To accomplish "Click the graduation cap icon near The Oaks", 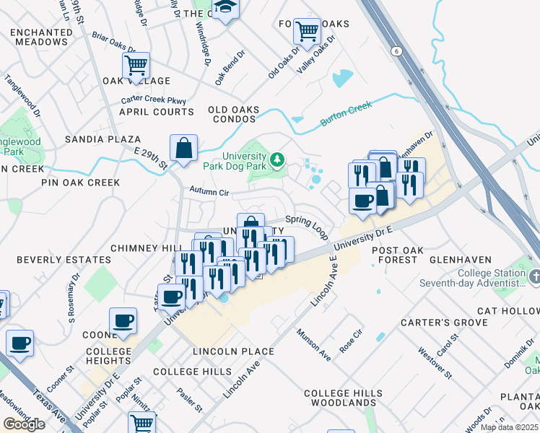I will tap(225, 8).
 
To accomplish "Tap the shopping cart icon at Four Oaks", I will tap(308, 32).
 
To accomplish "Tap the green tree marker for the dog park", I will tap(276, 158).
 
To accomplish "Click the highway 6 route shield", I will tap(396, 51).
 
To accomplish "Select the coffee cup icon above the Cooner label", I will tap(123, 320).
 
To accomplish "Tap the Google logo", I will tap(23, 424).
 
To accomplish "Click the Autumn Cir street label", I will tap(209, 193).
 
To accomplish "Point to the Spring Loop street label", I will tap(307, 225).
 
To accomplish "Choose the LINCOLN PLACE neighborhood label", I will tap(233, 351).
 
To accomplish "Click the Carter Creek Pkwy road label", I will tap(154, 100).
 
